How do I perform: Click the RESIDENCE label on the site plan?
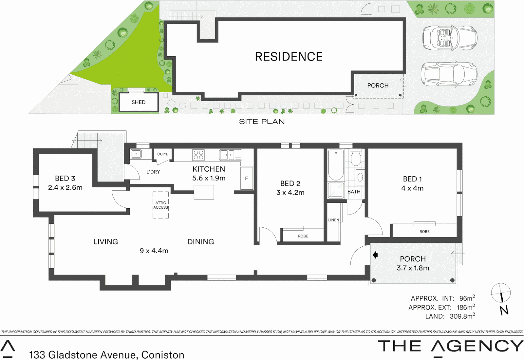(x=289, y=57)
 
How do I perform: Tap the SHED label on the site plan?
(x=138, y=102)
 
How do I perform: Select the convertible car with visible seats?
(x=450, y=38)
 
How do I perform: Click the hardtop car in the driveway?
(x=449, y=74)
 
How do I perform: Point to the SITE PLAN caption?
(x=262, y=122)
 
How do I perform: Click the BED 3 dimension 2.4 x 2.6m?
(x=65, y=188)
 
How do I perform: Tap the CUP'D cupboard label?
(x=163, y=154)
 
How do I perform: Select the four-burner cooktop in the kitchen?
(x=198, y=155)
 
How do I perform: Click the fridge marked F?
(x=246, y=179)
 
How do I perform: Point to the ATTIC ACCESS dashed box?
(x=161, y=205)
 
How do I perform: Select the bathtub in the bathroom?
(x=336, y=165)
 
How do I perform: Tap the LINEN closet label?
(x=333, y=220)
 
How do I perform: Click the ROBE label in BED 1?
(x=424, y=231)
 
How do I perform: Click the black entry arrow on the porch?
(x=375, y=255)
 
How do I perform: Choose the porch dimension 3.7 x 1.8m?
(x=413, y=268)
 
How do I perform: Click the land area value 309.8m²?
(x=462, y=316)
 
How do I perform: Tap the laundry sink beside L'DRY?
(x=136, y=154)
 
